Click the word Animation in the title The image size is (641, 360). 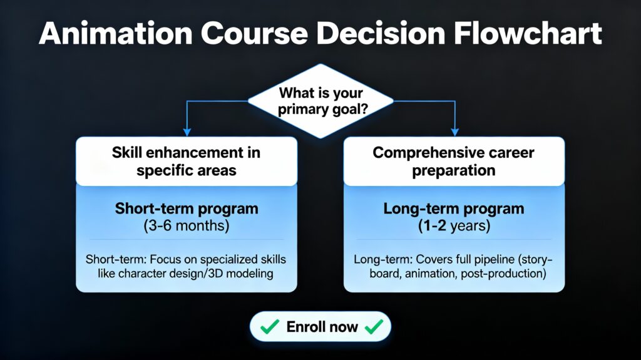click(116, 33)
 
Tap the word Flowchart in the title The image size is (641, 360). click(528, 33)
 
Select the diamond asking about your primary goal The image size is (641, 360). click(320, 101)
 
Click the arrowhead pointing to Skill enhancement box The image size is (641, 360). click(187, 132)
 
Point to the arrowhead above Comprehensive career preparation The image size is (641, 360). click(454, 132)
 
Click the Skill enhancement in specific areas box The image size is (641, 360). click(187, 161)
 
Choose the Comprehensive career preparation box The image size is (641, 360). click(454, 161)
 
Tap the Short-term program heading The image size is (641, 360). click(187, 208)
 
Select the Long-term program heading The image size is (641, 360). click(454, 208)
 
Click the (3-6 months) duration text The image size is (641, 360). click(187, 226)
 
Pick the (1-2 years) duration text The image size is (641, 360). click(454, 226)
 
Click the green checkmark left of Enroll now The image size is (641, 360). click(270, 326)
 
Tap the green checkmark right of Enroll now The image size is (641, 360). click(374, 326)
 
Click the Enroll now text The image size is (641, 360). click(322, 327)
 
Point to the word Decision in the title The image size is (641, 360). click(381, 33)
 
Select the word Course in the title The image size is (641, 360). click(254, 33)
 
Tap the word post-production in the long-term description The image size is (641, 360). click(503, 274)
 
